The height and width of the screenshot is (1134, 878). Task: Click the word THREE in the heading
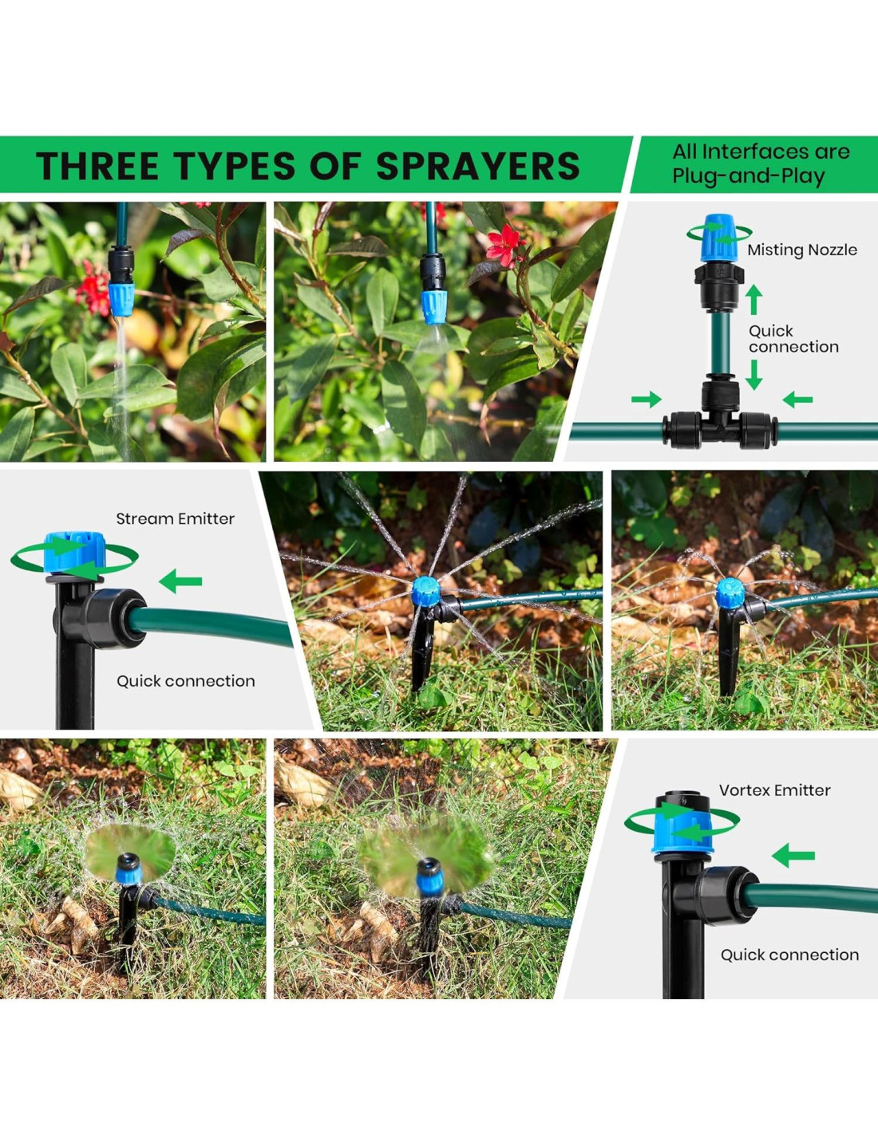97,166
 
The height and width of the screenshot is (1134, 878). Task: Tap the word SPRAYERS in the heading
477,166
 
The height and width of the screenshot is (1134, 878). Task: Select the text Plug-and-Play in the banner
748,177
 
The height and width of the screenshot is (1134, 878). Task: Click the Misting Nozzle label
801,250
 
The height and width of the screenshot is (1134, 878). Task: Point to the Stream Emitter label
175,518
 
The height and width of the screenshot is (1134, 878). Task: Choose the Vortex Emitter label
774,790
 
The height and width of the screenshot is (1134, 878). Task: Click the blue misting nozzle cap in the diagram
720,238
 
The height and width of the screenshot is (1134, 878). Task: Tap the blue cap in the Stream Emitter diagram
75,553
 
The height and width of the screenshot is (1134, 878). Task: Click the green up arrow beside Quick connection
753,300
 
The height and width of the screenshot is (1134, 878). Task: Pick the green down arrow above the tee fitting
753,375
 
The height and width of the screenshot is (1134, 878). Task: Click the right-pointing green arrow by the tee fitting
647,400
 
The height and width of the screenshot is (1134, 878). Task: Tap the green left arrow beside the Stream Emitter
180,581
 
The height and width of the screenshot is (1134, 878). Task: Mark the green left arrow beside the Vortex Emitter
793,856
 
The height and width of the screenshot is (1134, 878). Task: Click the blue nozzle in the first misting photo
121,299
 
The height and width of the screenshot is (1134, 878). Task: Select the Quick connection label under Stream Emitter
186,681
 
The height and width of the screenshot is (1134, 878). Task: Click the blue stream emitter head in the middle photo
425,592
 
